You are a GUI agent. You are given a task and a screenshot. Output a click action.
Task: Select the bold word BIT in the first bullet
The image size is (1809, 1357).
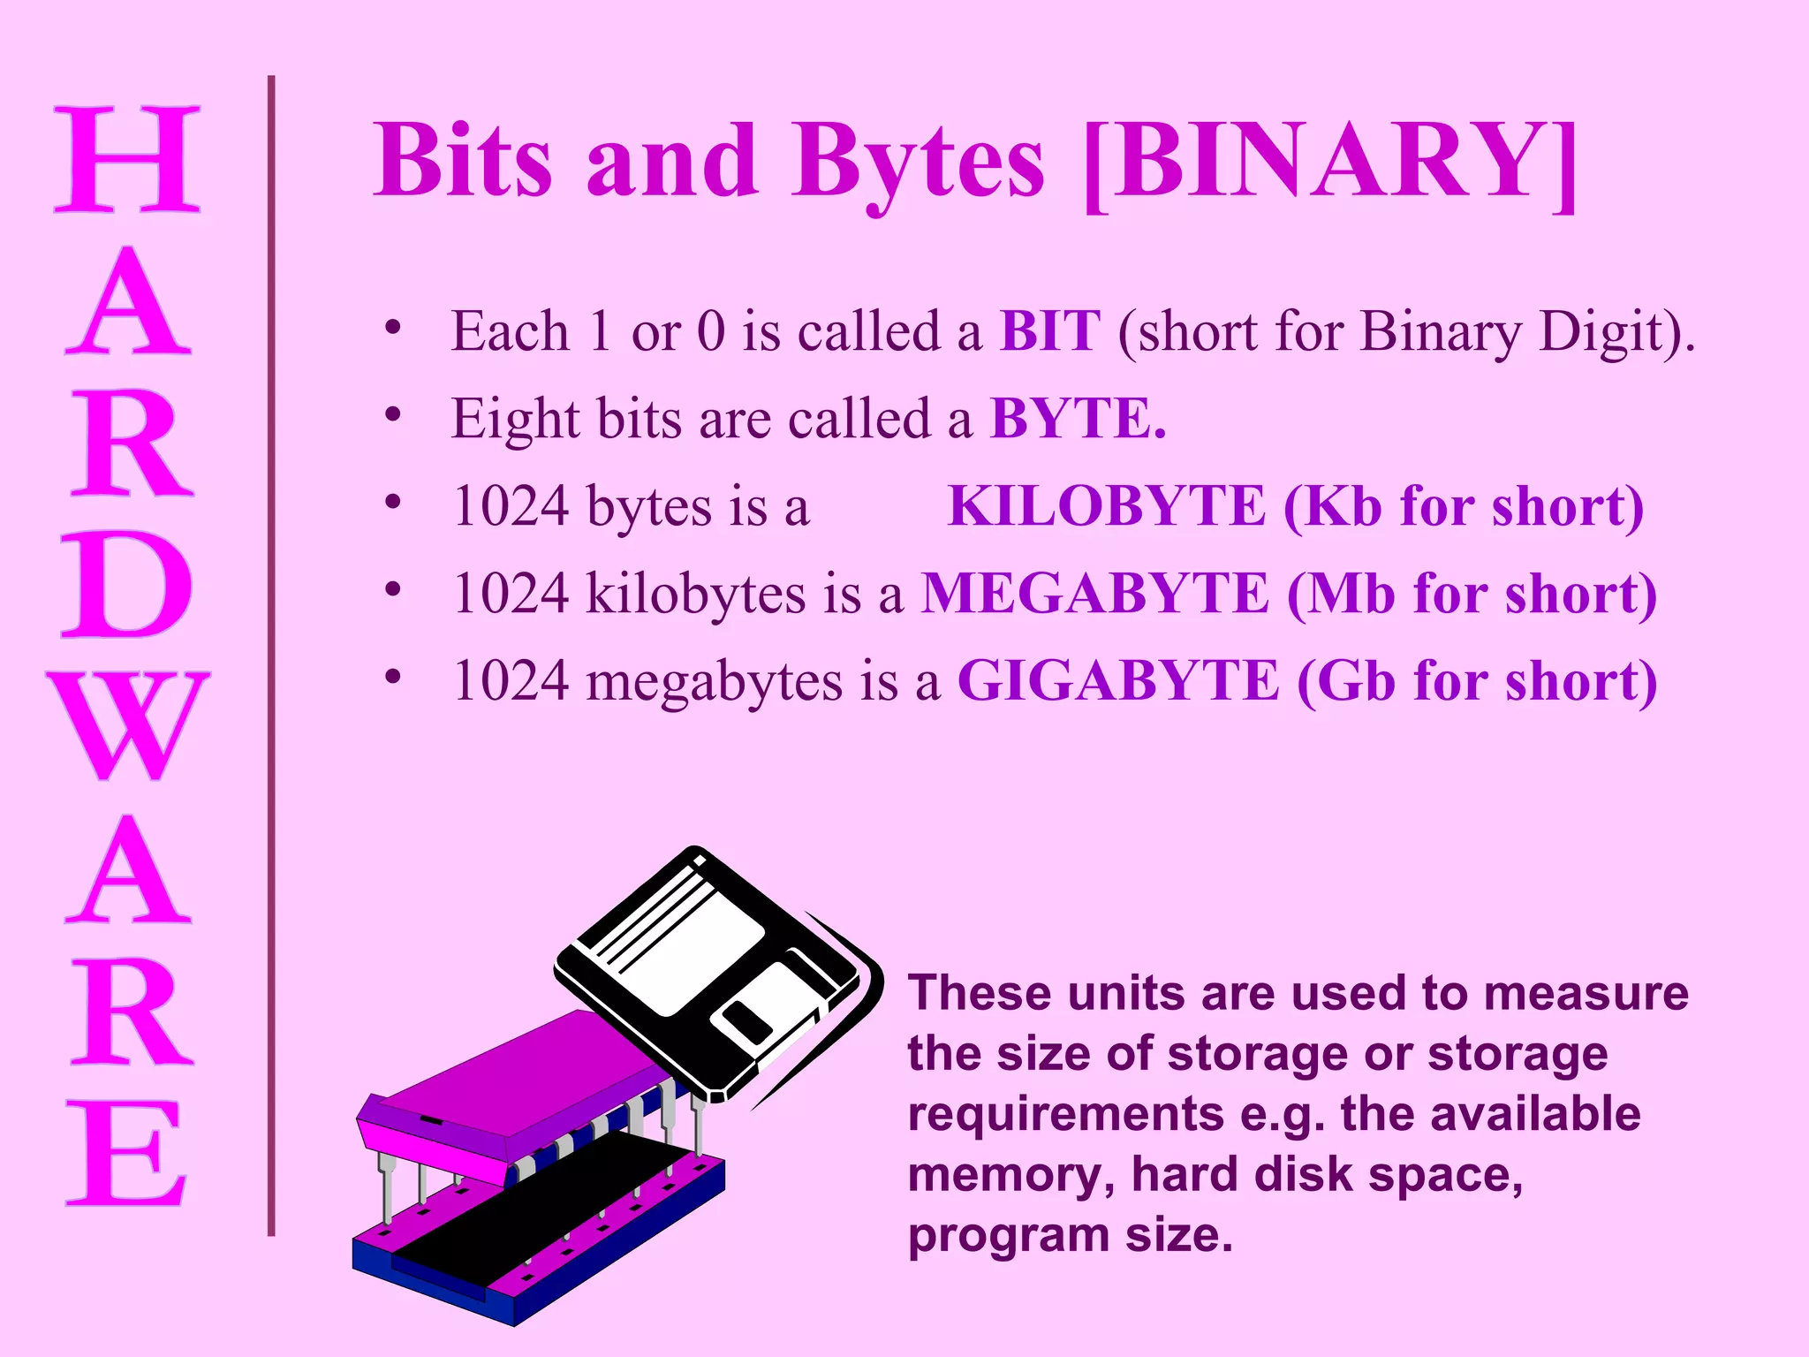[1049, 331]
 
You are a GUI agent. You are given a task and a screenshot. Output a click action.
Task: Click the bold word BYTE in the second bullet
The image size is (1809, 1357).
[1071, 418]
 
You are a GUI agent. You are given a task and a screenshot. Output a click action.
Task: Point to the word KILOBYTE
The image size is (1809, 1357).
[1106, 506]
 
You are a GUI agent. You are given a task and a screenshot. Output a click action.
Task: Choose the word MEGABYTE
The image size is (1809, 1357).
[1094, 593]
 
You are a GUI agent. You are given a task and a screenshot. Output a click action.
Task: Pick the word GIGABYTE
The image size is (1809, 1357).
[1117, 680]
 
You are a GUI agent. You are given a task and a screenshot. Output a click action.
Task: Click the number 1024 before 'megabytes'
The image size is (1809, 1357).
[511, 681]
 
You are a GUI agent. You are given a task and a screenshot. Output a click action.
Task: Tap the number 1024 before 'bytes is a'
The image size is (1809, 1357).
[511, 506]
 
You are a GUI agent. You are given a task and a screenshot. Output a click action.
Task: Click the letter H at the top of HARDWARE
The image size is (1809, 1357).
[128, 159]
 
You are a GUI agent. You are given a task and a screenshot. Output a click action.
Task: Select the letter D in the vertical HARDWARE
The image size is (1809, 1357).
[128, 584]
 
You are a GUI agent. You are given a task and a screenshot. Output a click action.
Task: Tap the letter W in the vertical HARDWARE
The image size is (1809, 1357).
[128, 725]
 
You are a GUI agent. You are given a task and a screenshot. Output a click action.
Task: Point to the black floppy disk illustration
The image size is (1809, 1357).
[715, 972]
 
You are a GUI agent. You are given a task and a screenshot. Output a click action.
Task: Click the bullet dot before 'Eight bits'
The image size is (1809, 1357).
[393, 414]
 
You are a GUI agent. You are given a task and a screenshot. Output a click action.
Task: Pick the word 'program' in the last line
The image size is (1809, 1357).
[1008, 1236]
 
